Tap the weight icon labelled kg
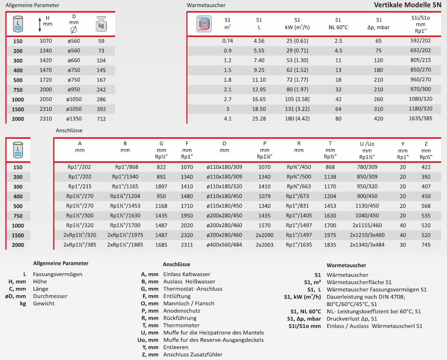(x=101, y=24)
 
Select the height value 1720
(x=46, y=80)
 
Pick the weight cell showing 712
(x=101, y=119)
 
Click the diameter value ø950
(x=74, y=90)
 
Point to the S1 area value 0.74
(x=228, y=41)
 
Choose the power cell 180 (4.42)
(x=297, y=119)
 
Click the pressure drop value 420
(x=378, y=119)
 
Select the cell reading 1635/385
(x=421, y=119)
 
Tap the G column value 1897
(x=161, y=187)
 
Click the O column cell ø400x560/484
(x=224, y=245)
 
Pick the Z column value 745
(x=426, y=245)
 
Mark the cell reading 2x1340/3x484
(x=367, y=245)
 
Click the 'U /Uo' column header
(x=367, y=144)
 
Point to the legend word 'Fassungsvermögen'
(x=58, y=274)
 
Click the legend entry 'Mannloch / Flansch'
(x=189, y=303)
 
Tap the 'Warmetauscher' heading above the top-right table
(x=206, y=5)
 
